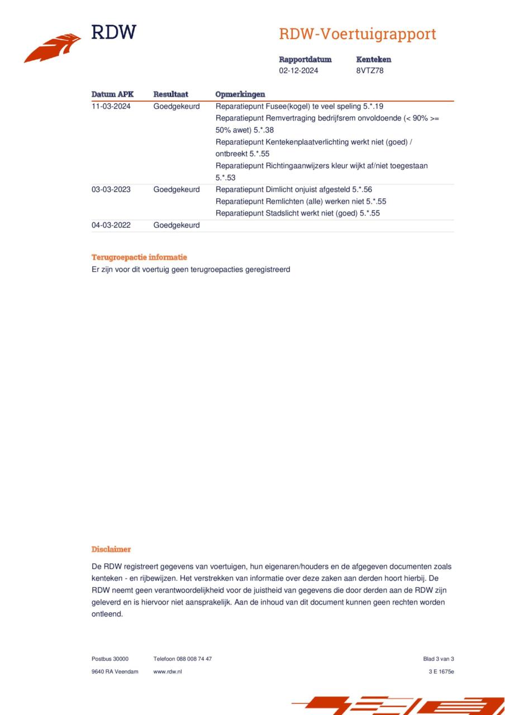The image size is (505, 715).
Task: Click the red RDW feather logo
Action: [53, 47]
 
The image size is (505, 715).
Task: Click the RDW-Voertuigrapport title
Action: [357, 34]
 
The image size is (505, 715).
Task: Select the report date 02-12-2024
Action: [299, 71]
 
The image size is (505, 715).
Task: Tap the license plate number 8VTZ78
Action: [370, 71]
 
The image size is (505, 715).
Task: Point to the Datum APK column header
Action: [112, 94]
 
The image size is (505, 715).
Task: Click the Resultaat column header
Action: [170, 94]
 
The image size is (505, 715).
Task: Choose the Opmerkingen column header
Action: [240, 94]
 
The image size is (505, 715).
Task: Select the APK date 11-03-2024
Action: [111, 106]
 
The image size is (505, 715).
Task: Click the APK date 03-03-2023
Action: [111, 189]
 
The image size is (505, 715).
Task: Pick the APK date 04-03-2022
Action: [111, 225]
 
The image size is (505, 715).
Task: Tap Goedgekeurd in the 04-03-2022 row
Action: [177, 225]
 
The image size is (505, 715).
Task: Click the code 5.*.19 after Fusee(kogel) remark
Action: [373, 106]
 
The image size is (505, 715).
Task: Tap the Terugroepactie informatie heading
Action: [139, 258]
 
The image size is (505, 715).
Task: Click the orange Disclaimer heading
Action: [111, 550]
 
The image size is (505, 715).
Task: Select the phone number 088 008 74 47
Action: [194, 659]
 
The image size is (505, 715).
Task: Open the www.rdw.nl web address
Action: [168, 671]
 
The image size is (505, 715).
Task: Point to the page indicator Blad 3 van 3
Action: [439, 659]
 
